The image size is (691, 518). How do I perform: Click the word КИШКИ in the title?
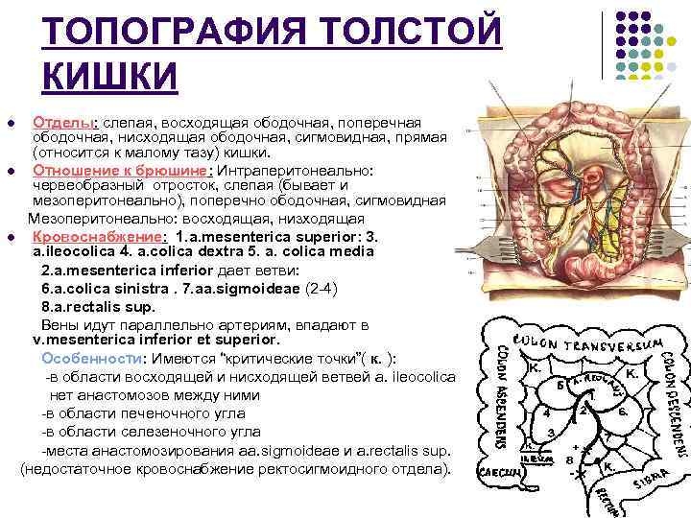[x=110, y=74]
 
